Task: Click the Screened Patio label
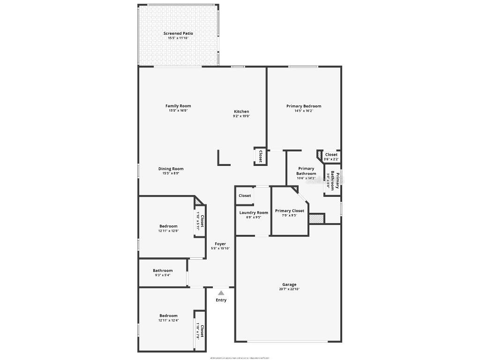tap(178, 33)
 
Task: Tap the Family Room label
tap(178, 106)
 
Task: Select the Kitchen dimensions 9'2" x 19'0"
tap(242, 116)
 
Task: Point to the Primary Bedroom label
tap(304, 106)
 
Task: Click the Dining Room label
tap(171, 169)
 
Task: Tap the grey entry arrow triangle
tap(221, 293)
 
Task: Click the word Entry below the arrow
tap(221, 300)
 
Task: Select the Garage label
tap(289, 285)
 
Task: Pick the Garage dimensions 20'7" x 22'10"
tap(289, 289)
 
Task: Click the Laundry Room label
tap(254, 213)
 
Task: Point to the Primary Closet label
tap(290, 211)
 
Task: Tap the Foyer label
tap(220, 244)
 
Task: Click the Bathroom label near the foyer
tap(163, 270)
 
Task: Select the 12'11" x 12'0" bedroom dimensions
tap(168, 231)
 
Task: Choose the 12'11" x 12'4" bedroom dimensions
tap(168, 320)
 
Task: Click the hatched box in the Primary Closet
tap(317, 218)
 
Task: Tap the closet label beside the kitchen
tap(261, 156)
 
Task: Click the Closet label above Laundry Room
tap(245, 195)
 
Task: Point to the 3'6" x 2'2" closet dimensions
tap(331, 159)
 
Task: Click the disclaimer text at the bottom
tap(240, 358)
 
